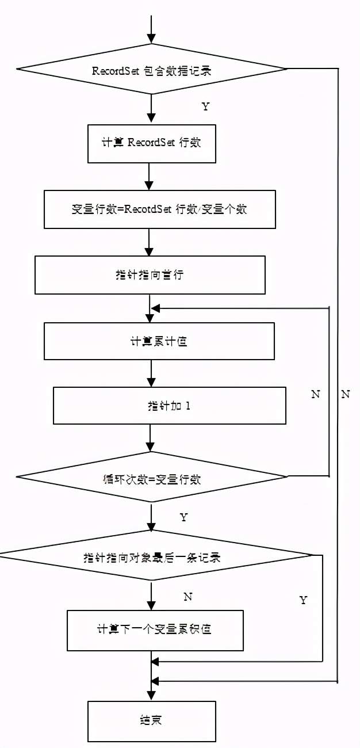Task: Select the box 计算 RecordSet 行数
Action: [x=151, y=143]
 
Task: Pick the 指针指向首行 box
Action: [x=150, y=275]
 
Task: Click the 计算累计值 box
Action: [x=159, y=341]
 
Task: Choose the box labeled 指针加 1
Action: [x=169, y=406]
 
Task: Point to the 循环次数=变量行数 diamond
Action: [x=152, y=478]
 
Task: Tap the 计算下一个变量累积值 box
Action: [x=154, y=629]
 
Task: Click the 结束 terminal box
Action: [x=151, y=720]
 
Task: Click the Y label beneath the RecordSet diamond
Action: [x=205, y=107]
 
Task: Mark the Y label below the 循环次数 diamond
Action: [x=183, y=517]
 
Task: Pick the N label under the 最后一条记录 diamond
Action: [x=187, y=597]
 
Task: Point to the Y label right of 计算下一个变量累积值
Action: [x=303, y=601]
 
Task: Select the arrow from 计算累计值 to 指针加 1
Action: [x=151, y=373]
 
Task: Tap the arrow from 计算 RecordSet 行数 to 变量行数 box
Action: [x=149, y=177]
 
